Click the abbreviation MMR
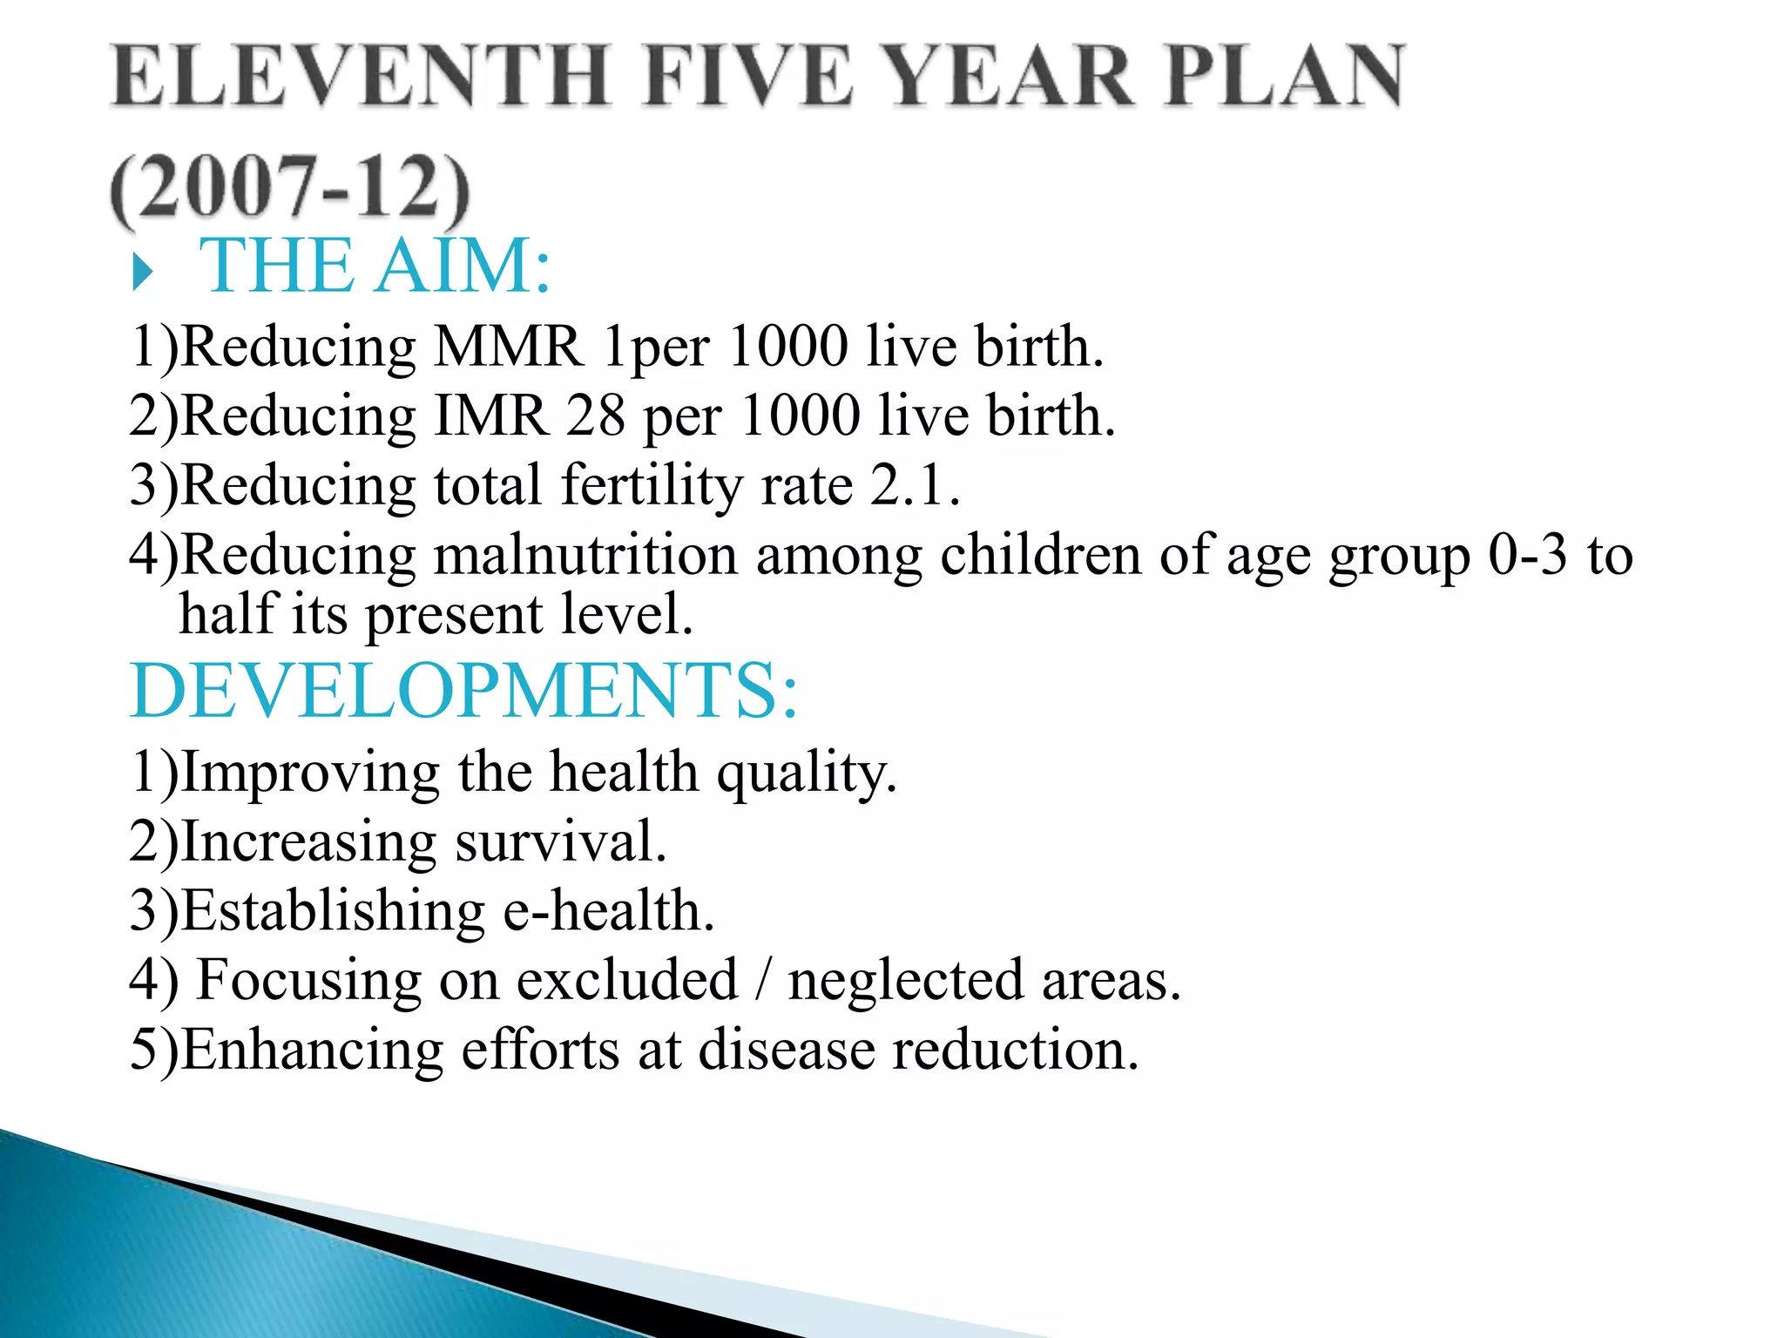pos(508,347)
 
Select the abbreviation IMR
pos(490,416)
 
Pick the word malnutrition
pos(585,555)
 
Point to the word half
pos(227,614)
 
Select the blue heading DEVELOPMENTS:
pos(463,691)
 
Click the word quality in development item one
pos(806,774)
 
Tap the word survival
pos(561,842)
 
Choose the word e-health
pos(609,911)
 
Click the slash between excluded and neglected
pos(762,980)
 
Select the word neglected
pos(906,982)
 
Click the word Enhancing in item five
pos(312,1050)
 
